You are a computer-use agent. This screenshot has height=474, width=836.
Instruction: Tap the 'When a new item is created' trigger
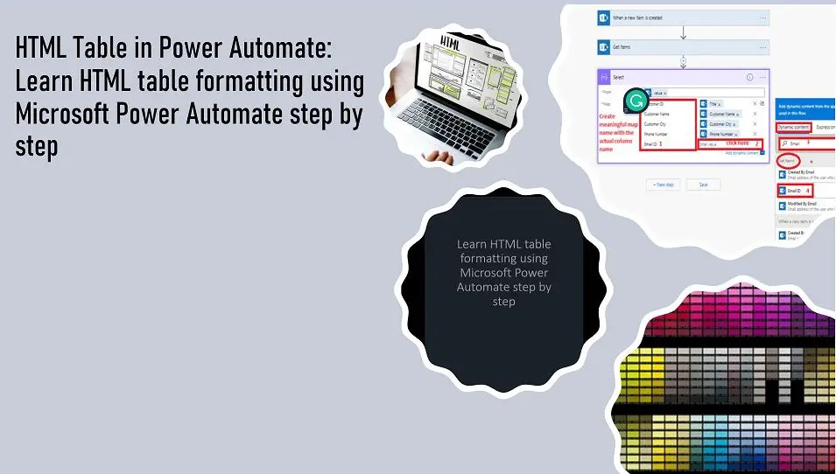pos(648,17)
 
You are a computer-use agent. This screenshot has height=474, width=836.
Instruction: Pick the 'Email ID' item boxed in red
pos(795,190)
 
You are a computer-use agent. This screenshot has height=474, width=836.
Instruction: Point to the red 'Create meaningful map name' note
pos(618,132)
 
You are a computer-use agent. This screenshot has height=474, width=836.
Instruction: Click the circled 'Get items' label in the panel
pos(787,161)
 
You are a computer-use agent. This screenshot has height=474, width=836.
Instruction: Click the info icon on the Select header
pos(750,77)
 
